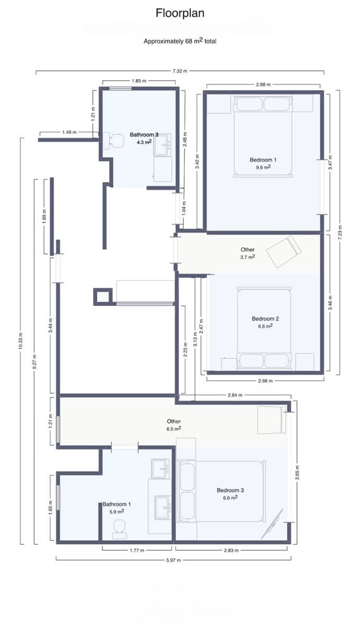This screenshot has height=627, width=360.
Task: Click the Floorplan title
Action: click(x=180, y=13)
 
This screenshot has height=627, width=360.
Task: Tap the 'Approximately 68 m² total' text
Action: click(x=180, y=41)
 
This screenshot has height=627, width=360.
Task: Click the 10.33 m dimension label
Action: click(x=21, y=342)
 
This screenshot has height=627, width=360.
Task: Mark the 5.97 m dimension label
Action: click(x=173, y=560)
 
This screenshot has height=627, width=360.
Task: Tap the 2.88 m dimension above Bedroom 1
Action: click(x=263, y=84)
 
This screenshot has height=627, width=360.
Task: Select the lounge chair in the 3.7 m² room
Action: click(x=283, y=251)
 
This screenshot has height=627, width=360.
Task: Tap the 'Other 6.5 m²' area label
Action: click(x=174, y=425)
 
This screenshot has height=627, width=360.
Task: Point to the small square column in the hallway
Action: click(x=102, y=296)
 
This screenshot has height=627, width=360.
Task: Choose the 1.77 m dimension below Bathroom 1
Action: click(x=137, y=550)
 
